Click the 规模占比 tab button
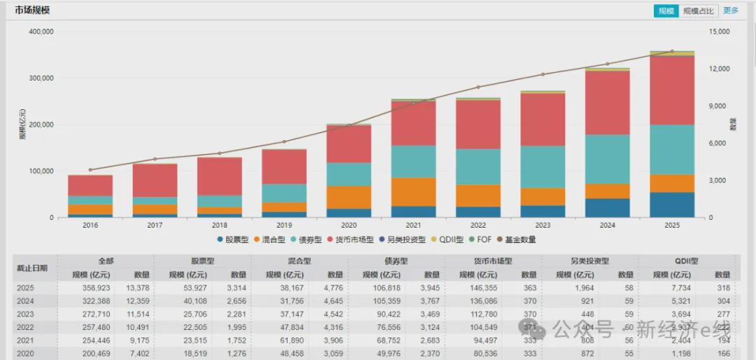[699, 11]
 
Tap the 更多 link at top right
[731, 11]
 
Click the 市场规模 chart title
[32, 11]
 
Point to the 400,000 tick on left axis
[41, 32]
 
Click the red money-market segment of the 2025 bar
[672, 90]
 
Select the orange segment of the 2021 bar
[413, 191]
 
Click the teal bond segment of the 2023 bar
[542, 167]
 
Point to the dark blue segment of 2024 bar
[607, 208]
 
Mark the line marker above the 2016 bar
[90, 169]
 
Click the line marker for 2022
[478, 87]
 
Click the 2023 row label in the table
[25, 314]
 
